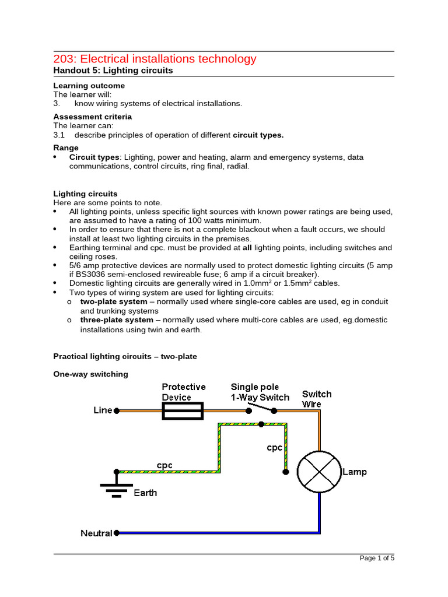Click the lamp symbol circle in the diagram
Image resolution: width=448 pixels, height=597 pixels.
pyautogui.click(x=319, y=472)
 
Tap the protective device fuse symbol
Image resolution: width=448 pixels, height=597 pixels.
pyautogui.click(x=181, y=410)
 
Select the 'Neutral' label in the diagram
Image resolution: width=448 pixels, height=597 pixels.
pyautogui.click(x=96, y=533)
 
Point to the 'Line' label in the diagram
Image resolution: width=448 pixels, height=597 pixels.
pyautogui.click(x=103, y=410)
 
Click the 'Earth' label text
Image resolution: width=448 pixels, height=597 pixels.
pyautogui.click(x=145, y=493)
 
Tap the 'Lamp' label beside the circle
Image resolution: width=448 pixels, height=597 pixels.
pyautogui.click(x=355, y=472)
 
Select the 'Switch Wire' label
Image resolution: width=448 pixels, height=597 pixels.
pyautogui.click(x=317, y=398)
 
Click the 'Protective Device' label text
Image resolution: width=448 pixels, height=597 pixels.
pyautogui.click(x=183, y=392)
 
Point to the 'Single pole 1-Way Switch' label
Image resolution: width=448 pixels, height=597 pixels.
pyautogui.click(x=260, y=392)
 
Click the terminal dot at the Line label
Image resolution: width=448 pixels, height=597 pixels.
pyautogui.click(x=117, y=410)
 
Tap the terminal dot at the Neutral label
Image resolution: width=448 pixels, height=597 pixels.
pyautogui.click(x=117, y=532)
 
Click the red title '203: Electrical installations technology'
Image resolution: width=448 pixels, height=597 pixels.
pyautogui.click(x=155, y=59)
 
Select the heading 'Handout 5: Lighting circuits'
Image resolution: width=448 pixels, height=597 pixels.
pyautogui.click(x=113, y=71)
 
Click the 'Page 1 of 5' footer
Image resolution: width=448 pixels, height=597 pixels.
pyautogui.click(x=377, y=558)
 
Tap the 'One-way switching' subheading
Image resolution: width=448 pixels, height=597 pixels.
pyautogui.click(x=90, y=374)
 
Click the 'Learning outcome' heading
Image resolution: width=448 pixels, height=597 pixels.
pyautogui.click(x=89, y=86)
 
